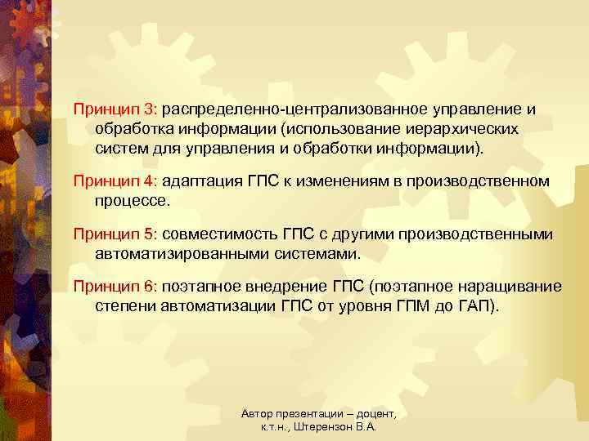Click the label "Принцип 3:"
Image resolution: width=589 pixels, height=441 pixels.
pos(118,109)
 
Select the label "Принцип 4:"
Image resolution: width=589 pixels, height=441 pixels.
pos(118,180)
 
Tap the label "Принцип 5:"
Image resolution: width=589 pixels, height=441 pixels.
pos(118,234)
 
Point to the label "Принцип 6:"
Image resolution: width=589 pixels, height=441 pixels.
pos(118,286)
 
